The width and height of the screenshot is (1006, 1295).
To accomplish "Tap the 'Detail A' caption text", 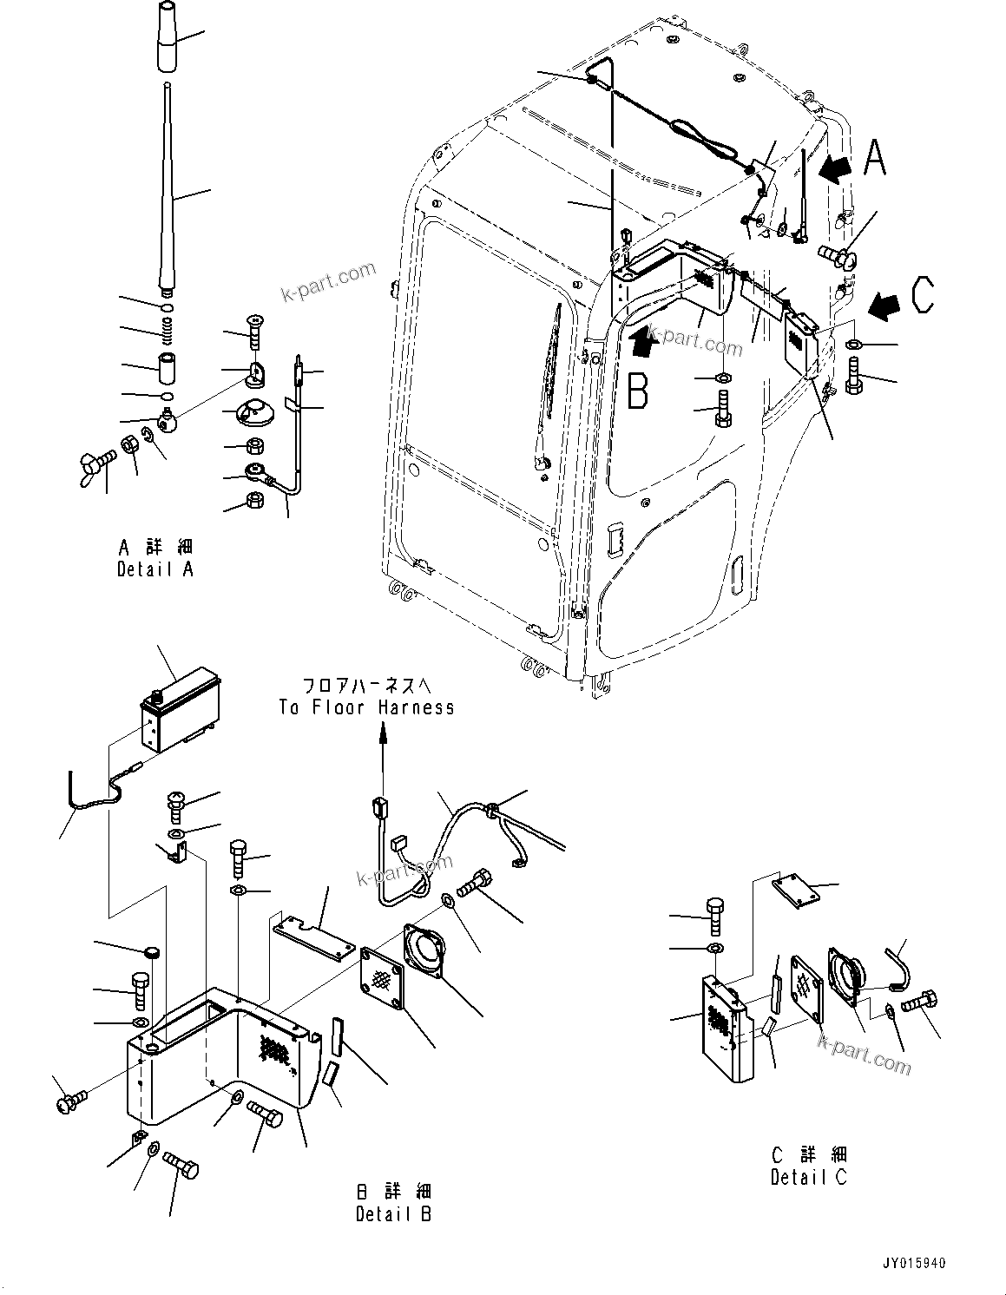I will (155, 569).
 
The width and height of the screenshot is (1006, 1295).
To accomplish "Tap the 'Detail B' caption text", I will (393, 1213).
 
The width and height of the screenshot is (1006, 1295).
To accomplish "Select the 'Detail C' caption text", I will (808, 1177).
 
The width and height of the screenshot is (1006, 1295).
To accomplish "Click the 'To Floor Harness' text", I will (366, 707).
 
